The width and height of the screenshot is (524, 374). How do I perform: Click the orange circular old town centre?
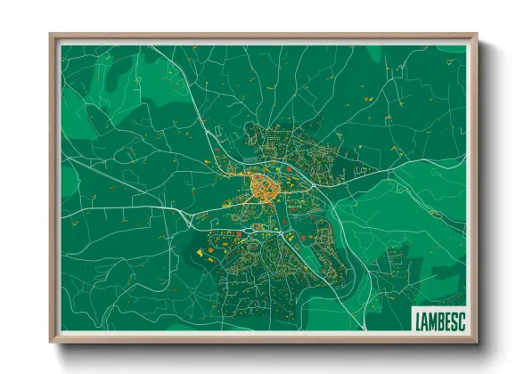point(264,188)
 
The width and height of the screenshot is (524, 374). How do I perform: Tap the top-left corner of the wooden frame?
point(52,37)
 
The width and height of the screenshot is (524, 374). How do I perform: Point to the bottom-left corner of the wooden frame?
point(52,342)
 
